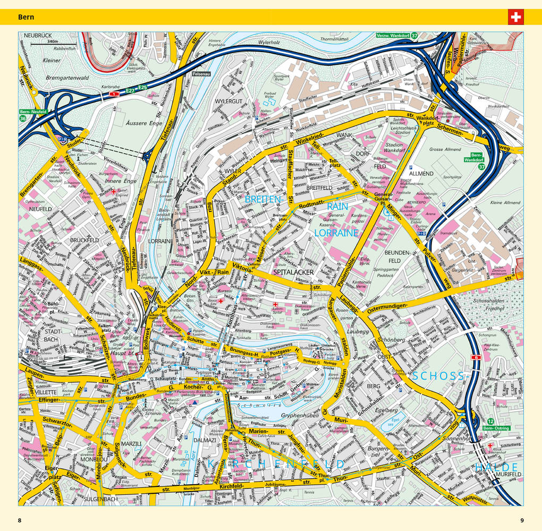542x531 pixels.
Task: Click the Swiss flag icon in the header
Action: pyautogui.click(x=515, y=17)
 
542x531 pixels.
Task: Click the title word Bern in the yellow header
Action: pyautogui.click(x=26, y=17)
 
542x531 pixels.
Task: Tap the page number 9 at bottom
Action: pyautogui.click(x=522, y=520)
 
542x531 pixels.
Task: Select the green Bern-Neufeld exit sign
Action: pyautogui.click(x=33, y=112)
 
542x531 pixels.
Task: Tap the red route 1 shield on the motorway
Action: pyautogui.click(x=113, y=94)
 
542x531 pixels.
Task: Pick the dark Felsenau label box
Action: pyautogui.click(x=201, y=74)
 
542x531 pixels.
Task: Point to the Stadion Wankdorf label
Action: pyautogui.click(x=394, y=147)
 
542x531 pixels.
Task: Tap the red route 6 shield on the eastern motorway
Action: pyautogui.click(x=475, y=358)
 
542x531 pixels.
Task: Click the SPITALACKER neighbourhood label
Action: pyautogui.click(x=293, y=272)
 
